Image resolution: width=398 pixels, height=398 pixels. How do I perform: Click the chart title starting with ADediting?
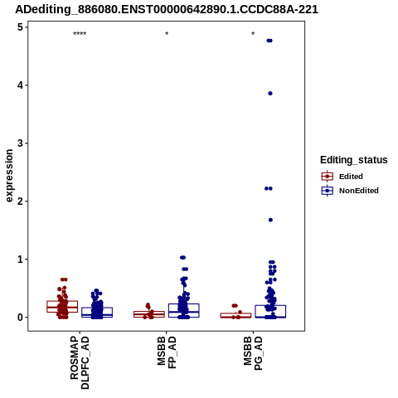tap(167, 10)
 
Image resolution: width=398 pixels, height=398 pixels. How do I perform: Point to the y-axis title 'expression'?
tap(9, 176)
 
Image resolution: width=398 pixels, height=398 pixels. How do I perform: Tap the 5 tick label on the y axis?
tap(20, 27)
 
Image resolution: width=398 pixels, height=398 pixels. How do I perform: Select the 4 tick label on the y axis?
tap(20, 85)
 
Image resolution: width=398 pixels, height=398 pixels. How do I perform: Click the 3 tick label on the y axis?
tap(20, 143)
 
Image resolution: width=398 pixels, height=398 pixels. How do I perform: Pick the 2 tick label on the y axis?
tap(20, 201)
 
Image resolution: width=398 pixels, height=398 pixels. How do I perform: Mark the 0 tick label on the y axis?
tap(20, 318)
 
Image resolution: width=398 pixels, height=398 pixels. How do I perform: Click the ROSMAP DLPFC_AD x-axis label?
tap(80, 362)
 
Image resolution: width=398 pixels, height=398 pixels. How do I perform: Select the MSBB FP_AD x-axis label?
tap(167, 352)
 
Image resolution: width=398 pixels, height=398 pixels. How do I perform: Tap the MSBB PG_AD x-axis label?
tap(253, 353)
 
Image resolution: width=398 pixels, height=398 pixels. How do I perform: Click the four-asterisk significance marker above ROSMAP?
tap(80, 34)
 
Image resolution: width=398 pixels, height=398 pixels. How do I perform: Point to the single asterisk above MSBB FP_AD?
tap(167, 34)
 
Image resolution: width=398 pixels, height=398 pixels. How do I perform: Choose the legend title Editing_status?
tap(354, 160)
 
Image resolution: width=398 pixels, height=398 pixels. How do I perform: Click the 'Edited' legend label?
tap(351, 177)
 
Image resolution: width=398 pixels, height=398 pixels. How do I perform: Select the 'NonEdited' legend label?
tap(359, 191)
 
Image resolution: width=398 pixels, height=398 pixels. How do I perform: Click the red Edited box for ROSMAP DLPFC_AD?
tap(62, 307)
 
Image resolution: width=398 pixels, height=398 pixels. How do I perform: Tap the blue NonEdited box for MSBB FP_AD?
tap(184, 310)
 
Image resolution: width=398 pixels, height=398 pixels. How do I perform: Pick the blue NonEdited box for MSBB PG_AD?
tap(270, 312)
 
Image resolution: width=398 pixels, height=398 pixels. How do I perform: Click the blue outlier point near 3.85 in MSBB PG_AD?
tap(270, 94)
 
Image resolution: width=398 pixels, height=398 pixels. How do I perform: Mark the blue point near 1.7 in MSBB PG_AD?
tap(270, 220)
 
